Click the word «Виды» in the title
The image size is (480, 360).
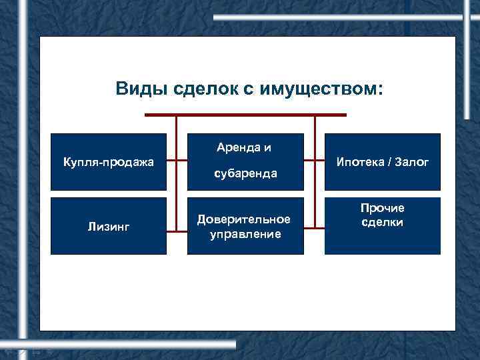(x=137, y=89)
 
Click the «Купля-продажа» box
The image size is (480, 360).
(x=108, y=161)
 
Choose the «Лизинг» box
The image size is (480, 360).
(x=108, y=226)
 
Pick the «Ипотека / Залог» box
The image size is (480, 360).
(x=383, y=161)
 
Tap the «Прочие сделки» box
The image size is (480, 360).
(x=383, y=226)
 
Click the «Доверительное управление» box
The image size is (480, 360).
(x=245, y=226)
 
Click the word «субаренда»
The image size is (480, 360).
(x=245, y=174)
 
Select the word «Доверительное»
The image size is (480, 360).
(x=245, y=219)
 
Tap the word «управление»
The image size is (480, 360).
(x=245, y=233)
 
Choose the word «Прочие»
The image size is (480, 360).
(x=383, y=209)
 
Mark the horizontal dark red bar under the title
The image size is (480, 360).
(x=245, y=115)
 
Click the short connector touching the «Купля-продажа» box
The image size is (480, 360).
(x=171, y=161)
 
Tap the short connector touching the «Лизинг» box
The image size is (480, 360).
(x=171, y=231)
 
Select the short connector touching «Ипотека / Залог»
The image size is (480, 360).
(x=319, y=161)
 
